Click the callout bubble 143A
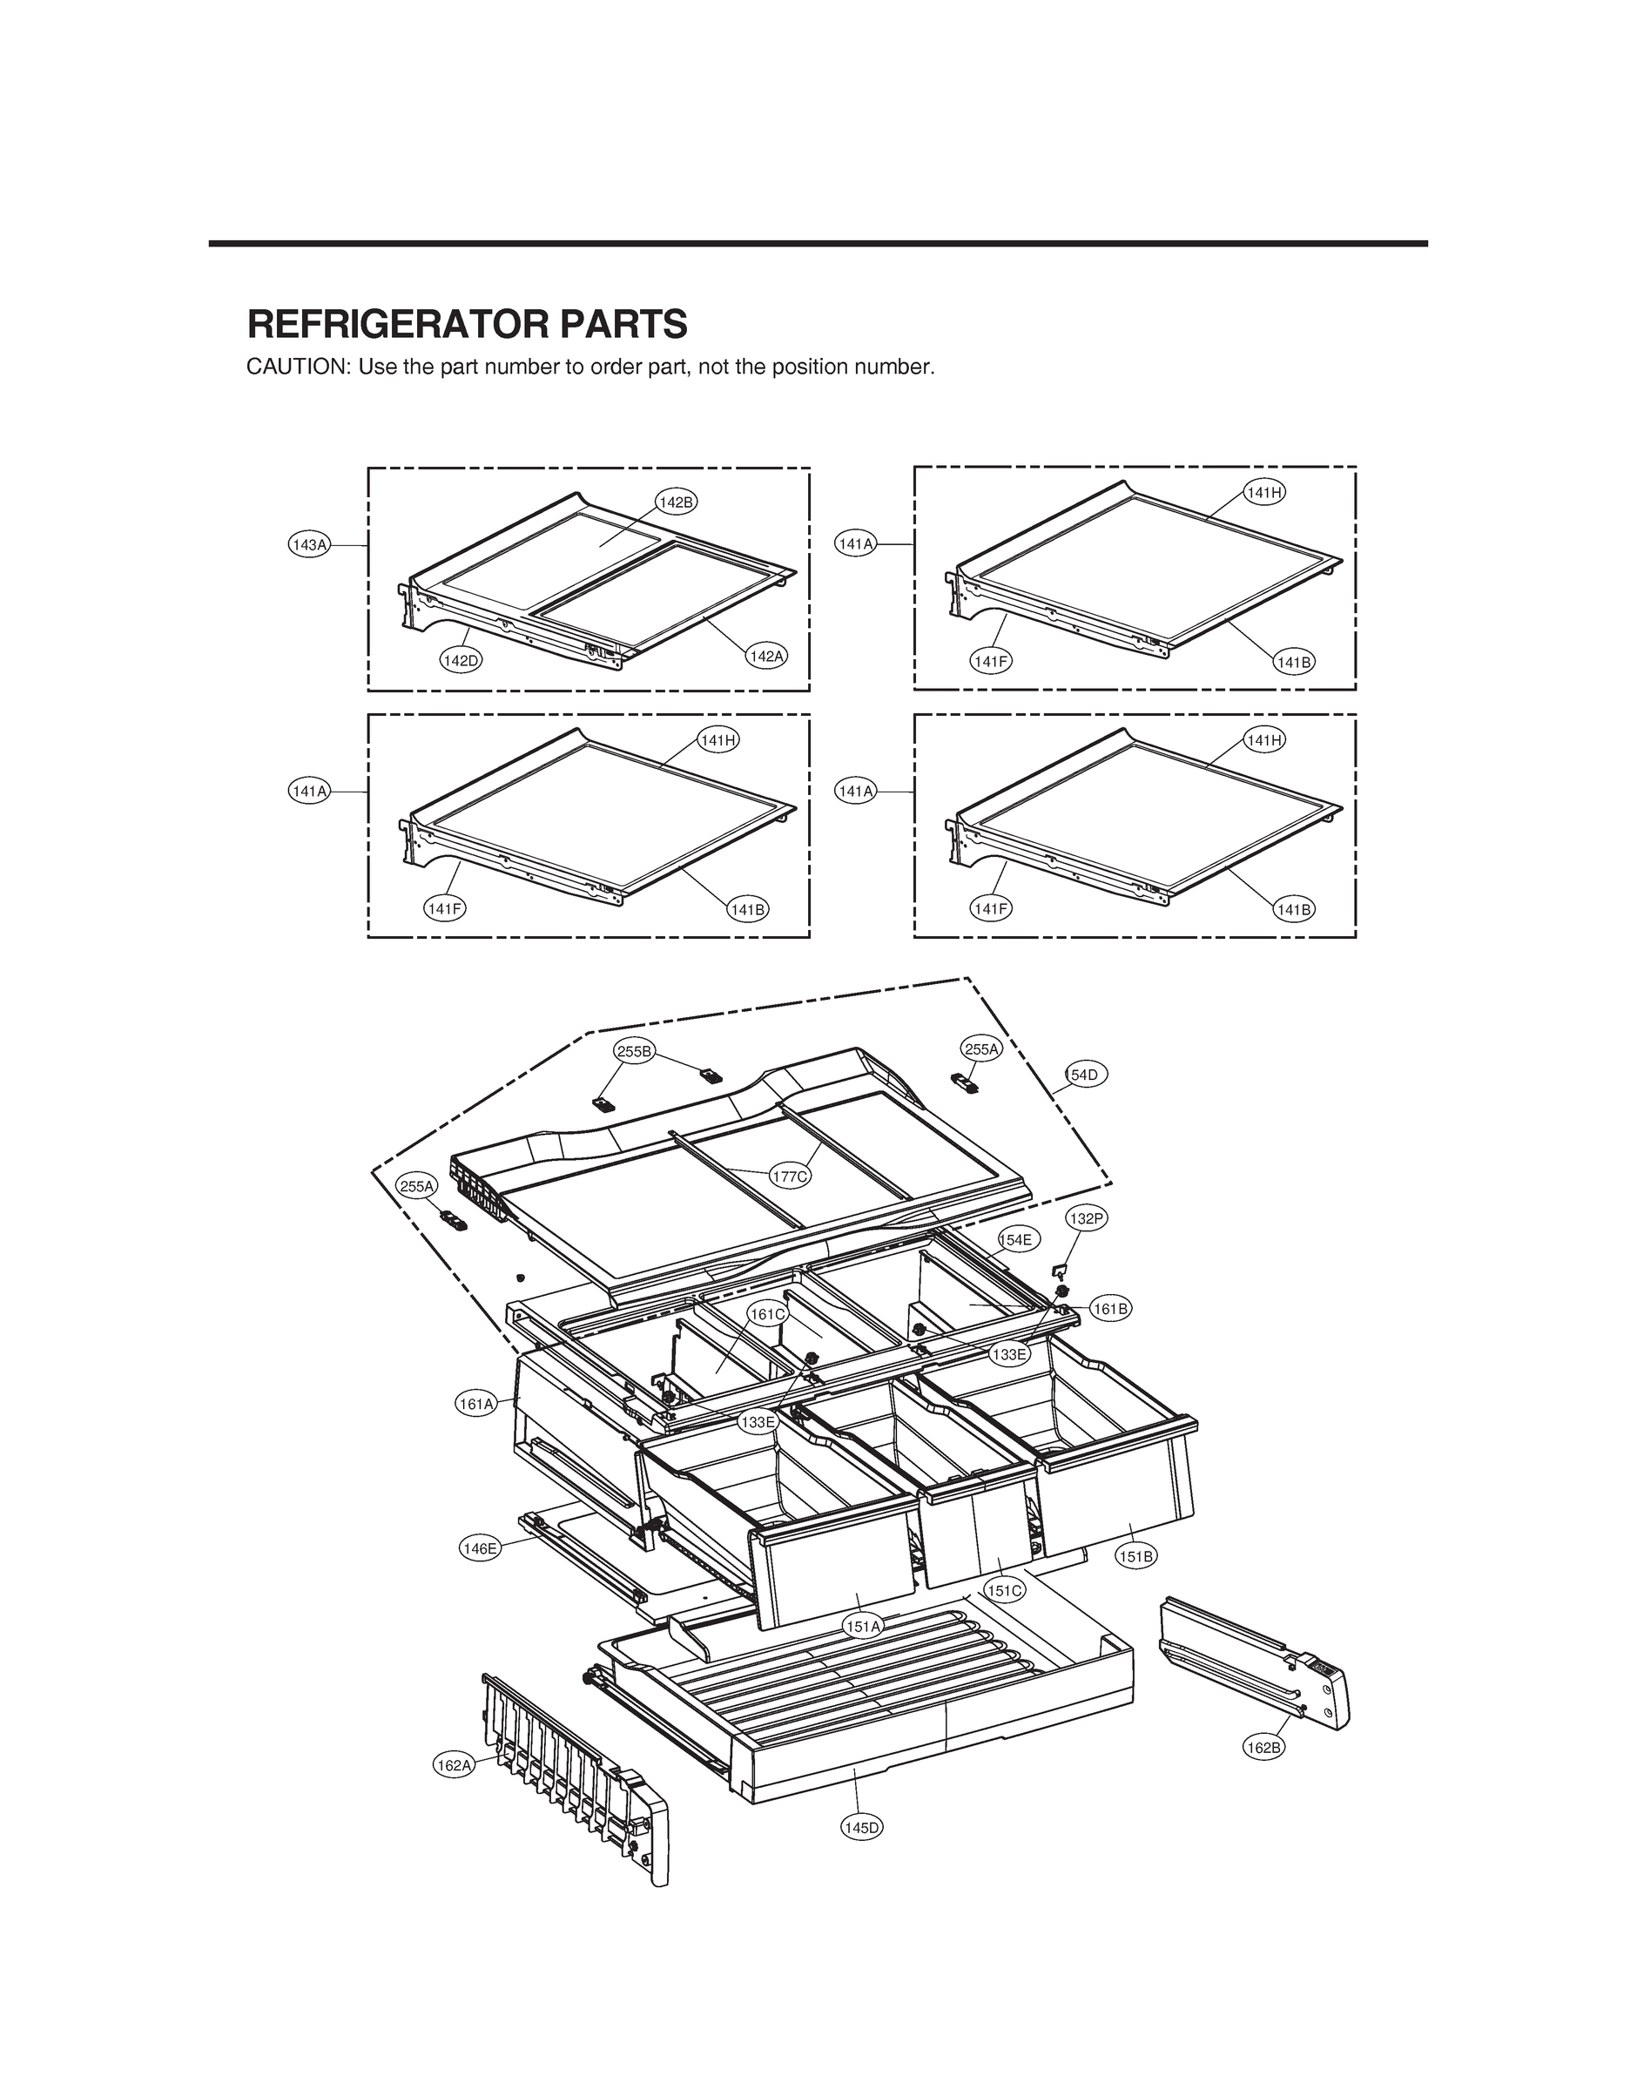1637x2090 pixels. click(x=310, y=545)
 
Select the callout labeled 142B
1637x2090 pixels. click(x=677, y=502)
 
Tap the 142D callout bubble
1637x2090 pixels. click(x=460, y=660)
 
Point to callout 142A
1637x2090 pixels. click(x=767, y=657)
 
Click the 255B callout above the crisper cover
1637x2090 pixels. click(x=635, y=1051)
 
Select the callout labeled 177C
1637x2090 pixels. click(x=791, y=1176)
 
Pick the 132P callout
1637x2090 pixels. click(x=1087, y=1219)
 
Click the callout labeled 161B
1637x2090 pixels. click(x=1111, y=1308)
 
